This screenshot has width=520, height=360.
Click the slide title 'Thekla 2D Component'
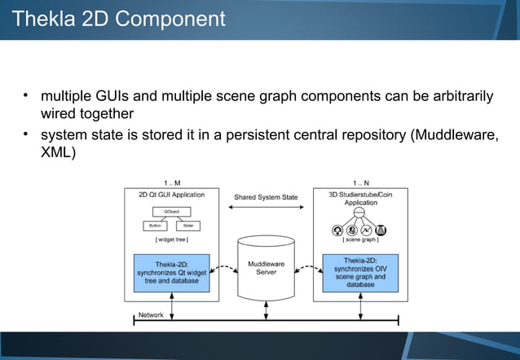coord(120,18)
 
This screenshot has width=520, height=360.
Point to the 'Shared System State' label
coord(266,197)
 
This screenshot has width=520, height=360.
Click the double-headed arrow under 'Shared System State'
coord(266,209)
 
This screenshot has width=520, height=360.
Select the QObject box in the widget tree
coord(171,211)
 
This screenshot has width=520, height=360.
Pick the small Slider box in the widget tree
coord(187,226)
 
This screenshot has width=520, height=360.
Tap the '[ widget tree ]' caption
coord(171,239)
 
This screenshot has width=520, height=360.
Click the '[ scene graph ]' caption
coord(359,240)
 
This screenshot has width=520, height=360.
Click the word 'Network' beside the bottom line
coord(151,314)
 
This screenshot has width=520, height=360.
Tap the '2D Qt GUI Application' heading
coord(171,195)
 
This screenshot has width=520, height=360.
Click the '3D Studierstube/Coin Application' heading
coord(359,198)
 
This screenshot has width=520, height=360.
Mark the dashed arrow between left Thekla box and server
coord(224,267)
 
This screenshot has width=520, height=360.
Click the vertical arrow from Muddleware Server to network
coord(266,310)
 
